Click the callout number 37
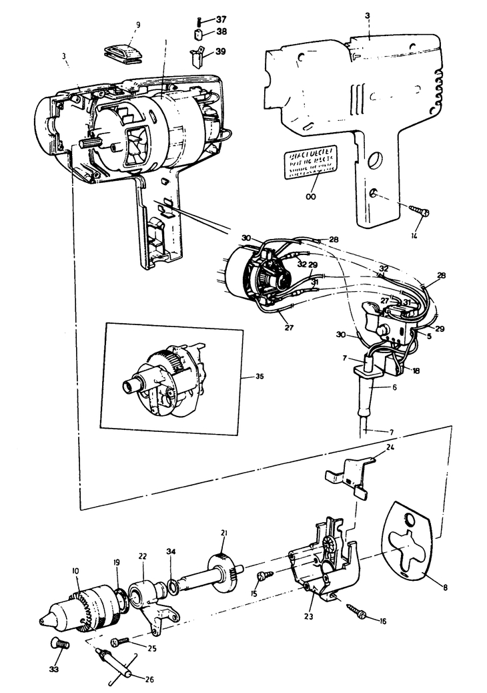click(221, 19)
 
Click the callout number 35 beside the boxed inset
click(260, 377)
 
